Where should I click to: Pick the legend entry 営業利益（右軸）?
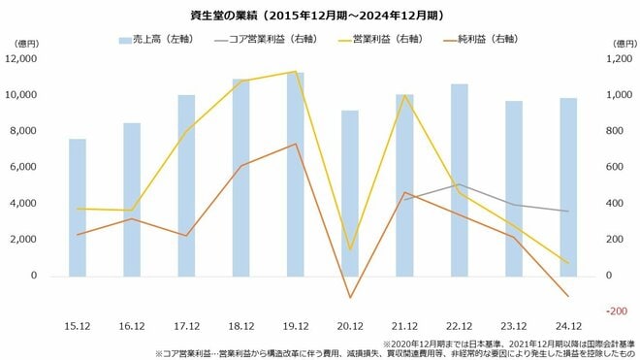click(382, 41)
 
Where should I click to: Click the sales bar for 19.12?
click(295, 175)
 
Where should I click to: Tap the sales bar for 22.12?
click(459, 180)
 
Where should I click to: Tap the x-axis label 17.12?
click(186, 325)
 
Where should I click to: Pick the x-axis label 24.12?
click(568, 325)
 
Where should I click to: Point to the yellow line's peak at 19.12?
click(295, 71)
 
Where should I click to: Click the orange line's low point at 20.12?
click(350, 298)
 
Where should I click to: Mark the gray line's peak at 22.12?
click(459, 184)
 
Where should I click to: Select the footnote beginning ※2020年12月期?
click(508, 343)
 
